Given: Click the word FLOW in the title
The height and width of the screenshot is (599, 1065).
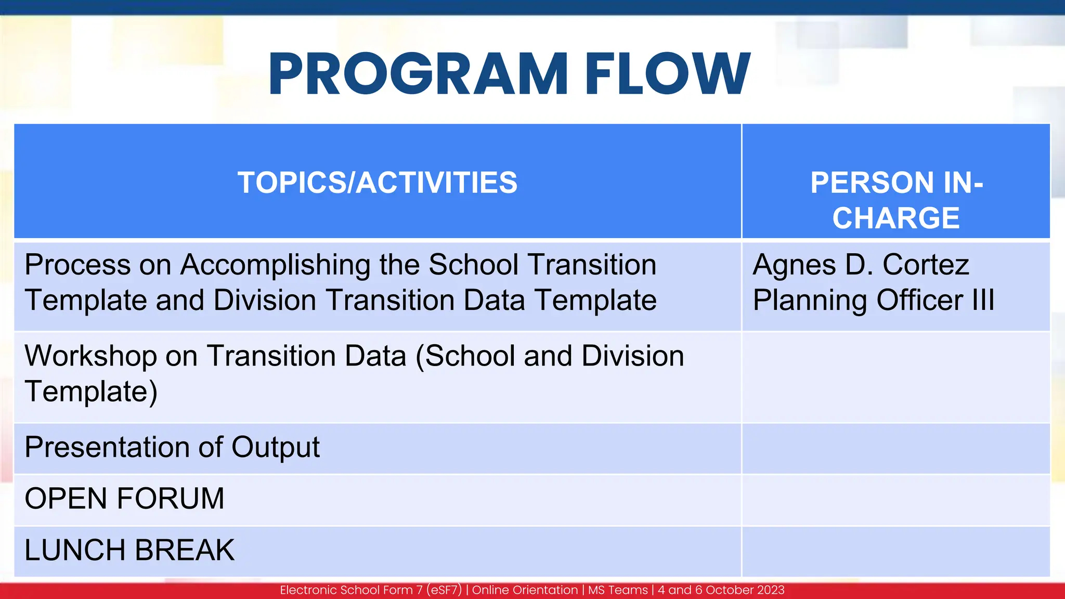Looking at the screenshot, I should tap(668, 74).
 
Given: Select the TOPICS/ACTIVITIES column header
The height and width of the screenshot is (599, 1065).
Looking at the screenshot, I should tap(378, 183).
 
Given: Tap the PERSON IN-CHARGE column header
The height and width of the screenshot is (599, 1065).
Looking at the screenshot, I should tap(896, 200).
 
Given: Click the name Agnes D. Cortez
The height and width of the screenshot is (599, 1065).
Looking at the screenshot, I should tap(861, 265).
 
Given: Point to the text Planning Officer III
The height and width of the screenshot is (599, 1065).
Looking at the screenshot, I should tap(874, 300).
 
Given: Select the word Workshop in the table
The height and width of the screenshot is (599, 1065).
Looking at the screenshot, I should tap(90, 356).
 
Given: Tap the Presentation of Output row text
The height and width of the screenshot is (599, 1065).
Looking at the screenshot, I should tap(172, 447).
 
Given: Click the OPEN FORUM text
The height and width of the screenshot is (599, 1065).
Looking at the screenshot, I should tap(124, 499).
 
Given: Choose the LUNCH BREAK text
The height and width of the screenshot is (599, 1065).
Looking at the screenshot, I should tap(129, 550).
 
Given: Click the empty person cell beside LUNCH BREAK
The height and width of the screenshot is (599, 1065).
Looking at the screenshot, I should tap(895, 551).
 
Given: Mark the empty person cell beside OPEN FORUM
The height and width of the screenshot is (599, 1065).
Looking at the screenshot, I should tap(895, 500).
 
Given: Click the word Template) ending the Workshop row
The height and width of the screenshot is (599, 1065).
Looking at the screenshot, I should tap(90, 392).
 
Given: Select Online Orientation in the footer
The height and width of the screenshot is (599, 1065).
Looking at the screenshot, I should tap(525, 590).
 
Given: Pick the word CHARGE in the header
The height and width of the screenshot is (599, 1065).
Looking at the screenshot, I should tap(896, 217).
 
